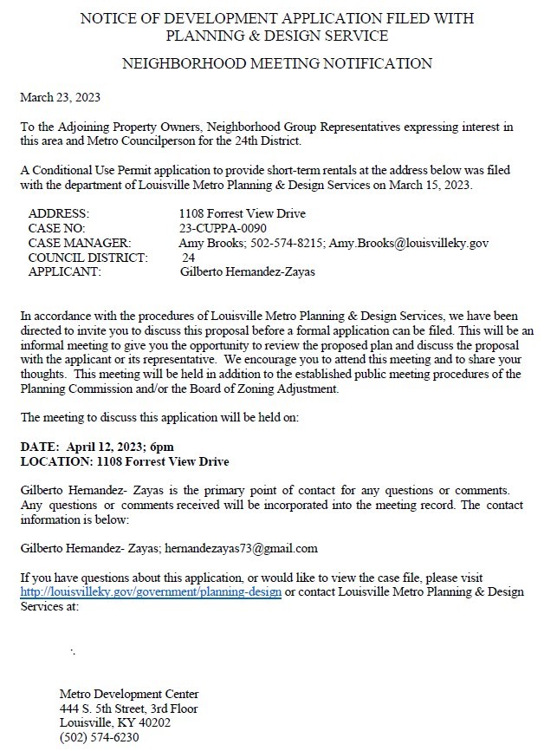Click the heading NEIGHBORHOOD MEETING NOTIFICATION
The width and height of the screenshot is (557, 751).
(277, 63)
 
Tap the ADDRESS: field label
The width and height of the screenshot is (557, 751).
(59, 213)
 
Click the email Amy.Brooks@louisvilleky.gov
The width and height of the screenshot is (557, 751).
(409, 243)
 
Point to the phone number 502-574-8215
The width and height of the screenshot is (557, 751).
(287, 243)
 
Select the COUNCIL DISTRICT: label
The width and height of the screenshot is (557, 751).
(88, 258)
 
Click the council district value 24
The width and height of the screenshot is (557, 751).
(188, 258)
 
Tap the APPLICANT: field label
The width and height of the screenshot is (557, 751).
(65, 272)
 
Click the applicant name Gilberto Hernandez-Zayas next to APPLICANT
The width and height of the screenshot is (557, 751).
(248, 272)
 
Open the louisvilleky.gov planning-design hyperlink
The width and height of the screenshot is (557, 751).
(151, 592)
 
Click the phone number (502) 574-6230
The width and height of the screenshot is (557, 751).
(99, 738)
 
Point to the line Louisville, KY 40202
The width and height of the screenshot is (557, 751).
(115, 723)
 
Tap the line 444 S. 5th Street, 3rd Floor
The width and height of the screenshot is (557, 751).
(128, 709)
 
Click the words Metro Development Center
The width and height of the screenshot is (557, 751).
(129, 694)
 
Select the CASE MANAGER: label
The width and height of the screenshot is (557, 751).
(80, 243)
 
